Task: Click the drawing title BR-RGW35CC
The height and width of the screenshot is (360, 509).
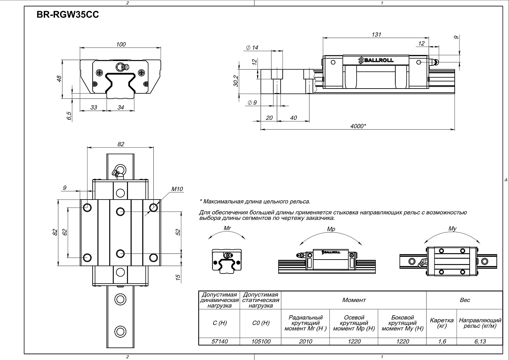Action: [x=68, y=15]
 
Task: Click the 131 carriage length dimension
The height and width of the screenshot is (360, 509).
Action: [x=376, y=35]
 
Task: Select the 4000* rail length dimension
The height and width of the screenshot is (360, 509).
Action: [x=358, y=126]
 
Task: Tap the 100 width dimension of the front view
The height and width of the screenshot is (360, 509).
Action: [x=121, y=44]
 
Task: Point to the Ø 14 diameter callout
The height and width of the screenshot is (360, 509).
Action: [x=252, y=48]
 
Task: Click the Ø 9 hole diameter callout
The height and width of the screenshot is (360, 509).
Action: [x=252, y=102]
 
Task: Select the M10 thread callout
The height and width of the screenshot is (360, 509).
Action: [x=177, y=189]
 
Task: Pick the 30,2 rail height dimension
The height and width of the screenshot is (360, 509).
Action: [x=236, y=81]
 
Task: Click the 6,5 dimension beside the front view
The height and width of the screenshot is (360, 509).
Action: [x=69, y=115]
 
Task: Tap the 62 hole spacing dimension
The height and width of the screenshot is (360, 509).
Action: [x=65, y=232]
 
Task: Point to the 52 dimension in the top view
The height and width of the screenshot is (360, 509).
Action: [x=178, y=232]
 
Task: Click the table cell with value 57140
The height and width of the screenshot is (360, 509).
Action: [x=220, y=341]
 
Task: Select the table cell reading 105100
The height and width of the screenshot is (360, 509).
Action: [x=261, y=341]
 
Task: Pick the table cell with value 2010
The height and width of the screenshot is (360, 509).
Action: [x=305, y=341]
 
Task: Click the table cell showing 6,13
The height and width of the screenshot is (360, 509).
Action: [x=480, y=341]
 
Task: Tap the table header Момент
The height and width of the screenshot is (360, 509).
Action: [x=354, y=300]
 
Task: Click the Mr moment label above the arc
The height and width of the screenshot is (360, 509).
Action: [x=227, y=228]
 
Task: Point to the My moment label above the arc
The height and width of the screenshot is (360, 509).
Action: [x=452, y=229]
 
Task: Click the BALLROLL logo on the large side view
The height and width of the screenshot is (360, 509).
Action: [x=376, y=60]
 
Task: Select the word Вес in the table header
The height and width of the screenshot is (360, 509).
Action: [x=465, y=300]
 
